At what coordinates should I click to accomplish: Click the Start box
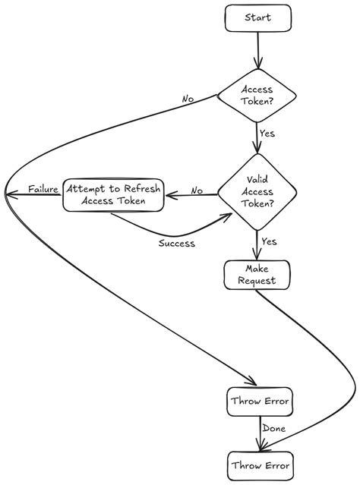258,18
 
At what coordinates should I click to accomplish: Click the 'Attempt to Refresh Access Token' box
112,194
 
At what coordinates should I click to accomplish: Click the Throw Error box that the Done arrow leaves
258,402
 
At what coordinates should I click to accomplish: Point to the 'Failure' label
44,188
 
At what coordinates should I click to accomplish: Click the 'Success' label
177,244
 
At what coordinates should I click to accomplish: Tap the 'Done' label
273,430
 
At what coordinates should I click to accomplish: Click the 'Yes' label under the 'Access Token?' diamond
267,134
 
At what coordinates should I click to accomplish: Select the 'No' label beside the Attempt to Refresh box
197,190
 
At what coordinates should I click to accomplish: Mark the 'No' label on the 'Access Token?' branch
187,99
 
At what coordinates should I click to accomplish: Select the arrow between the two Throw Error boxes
258,433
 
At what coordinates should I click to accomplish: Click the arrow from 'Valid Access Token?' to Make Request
258,244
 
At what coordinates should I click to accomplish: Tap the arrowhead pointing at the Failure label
9,194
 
